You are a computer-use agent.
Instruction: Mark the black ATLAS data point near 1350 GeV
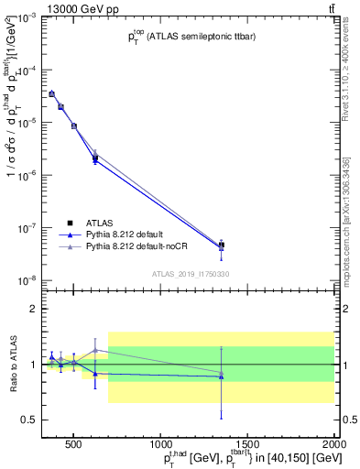[222, 245]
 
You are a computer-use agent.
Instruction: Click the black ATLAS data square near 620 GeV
[95, 158]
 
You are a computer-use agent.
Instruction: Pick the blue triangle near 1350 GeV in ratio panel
[222, 376]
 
